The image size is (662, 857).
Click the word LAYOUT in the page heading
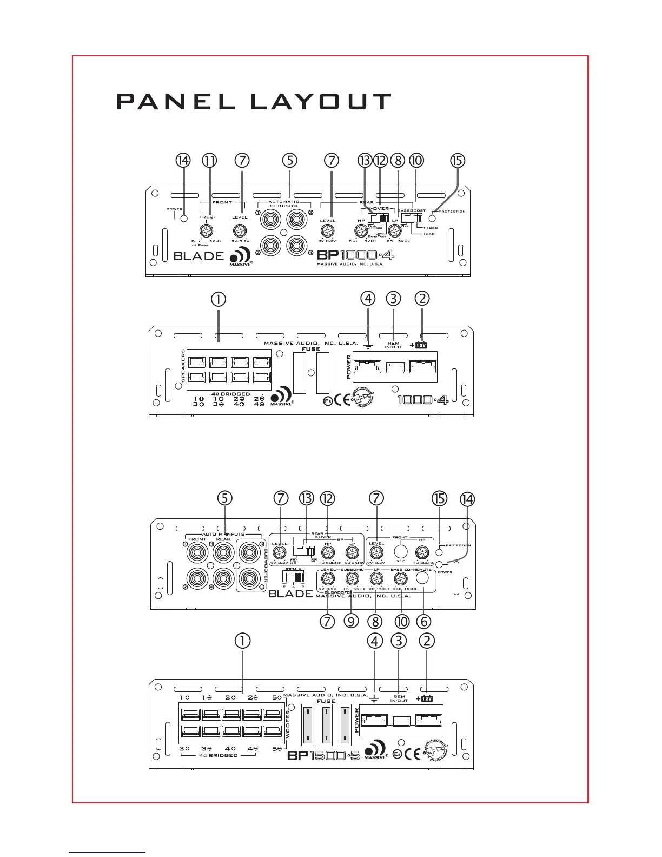pos(321,102)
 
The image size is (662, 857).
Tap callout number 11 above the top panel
pos(209,161)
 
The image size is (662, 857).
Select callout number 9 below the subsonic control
pos(352,621)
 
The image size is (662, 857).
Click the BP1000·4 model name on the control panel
pos(355,254)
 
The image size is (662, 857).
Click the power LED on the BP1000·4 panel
pos(184,218)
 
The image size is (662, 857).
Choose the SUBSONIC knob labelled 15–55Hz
pos(352,579)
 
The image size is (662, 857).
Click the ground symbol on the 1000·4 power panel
pos(368,344)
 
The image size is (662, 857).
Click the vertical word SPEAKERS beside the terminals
pos(183,366)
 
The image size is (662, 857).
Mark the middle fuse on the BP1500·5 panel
pos(326,725)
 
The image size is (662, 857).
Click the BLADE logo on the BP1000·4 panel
pos(198,256)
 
